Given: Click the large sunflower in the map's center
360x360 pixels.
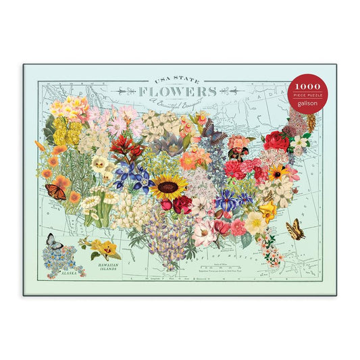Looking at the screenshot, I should click(x=169, y=186).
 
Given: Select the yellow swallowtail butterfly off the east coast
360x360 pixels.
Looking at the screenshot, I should click(x=295, y=229).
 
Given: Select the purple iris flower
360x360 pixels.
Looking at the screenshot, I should click(x=226, y=201).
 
